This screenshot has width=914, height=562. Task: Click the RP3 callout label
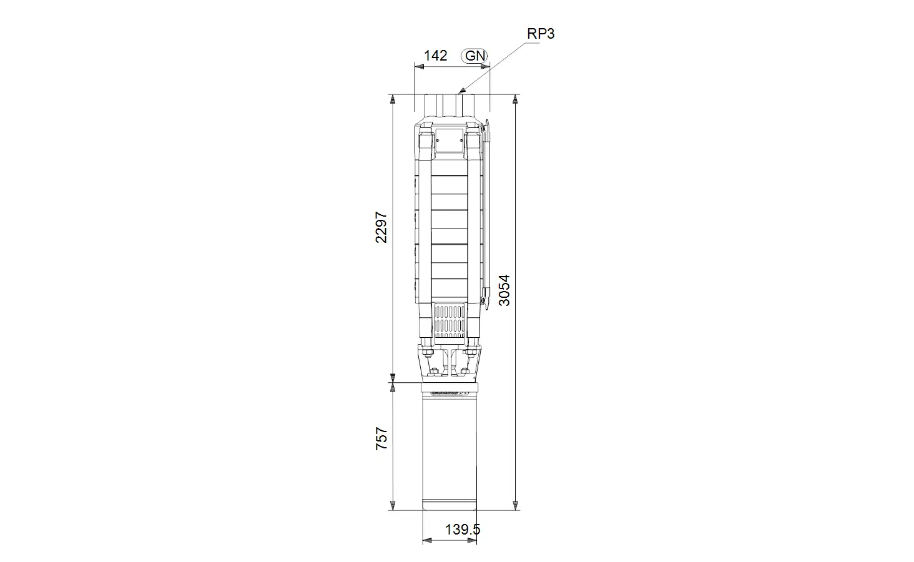[x=541, y=34]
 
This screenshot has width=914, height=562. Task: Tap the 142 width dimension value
[x=435, y=56]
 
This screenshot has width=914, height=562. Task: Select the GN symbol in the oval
[x=474, y=56]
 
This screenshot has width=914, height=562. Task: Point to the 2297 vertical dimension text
[x=381, y=227]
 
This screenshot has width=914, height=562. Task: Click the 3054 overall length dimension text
[x=504, y=290]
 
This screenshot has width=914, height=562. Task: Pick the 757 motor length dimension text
[x=381, y=439]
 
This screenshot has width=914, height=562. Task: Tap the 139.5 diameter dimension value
[x=463, y=530]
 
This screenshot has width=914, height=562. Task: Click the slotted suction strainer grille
[x=450, y=321]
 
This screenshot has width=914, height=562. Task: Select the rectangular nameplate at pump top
[x=450, y=140]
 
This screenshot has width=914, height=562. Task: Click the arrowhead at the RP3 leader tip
[x=461, y=91]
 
